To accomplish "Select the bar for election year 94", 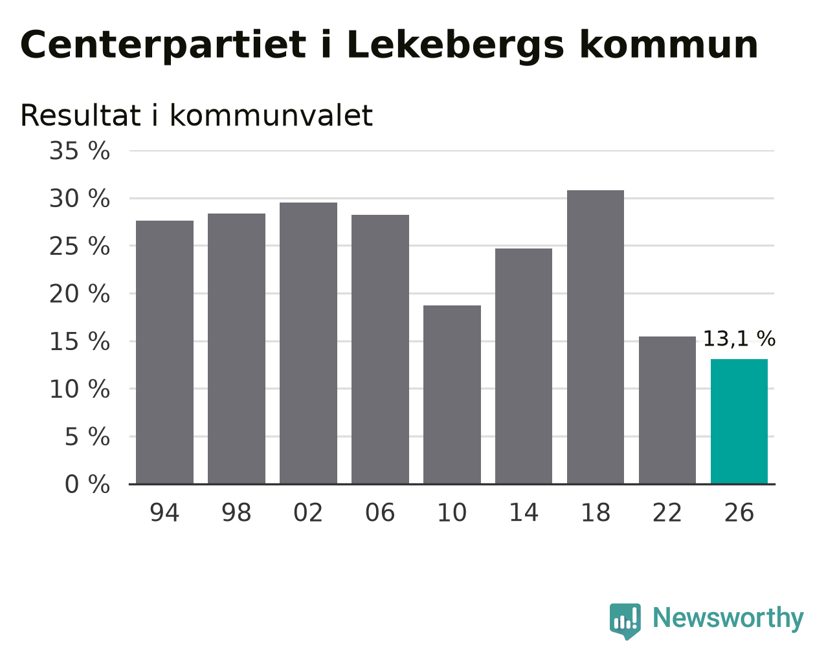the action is pyautogui.click(x=164, y=352).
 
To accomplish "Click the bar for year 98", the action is pyautogui.click(x=236, y=348).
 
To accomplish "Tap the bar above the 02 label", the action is pyautogui.click(x=308, y=343).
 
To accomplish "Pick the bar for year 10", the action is pyautogui.click(x=452, y=395).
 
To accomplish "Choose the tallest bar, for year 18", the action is pyautogui.click(x=596, y=337).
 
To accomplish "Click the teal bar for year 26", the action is pyautogui.click(x=739, y=421).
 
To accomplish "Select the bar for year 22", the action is pyautogui.click(x=667, y=410).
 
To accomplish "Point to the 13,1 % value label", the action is pyautogui.click(x=739, y=339).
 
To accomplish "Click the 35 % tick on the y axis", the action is pyautogui.click(x=80, y=151).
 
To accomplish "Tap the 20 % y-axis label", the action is pyautogui.click(x=80, y=294).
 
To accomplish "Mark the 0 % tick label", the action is pyautogui.click(x=87, y=484).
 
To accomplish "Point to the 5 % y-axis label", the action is pyautogui.click(x=87, y=437).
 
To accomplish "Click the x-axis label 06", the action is pyautogui.click(x=379, y=512).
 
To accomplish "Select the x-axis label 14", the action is pyautogui.click(x=524, y=512).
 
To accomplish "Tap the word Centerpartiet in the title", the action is pyautogui.click(x=163, y=46).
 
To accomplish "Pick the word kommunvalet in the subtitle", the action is pyautogui.click(x=271, y=115).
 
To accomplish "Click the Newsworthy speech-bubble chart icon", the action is pyautogui.click(x=625, y=621).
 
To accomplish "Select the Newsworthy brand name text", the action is pyautogui.click(x=728, y=619).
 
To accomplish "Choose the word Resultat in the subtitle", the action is pyautogui.click(x=80, y=115).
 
